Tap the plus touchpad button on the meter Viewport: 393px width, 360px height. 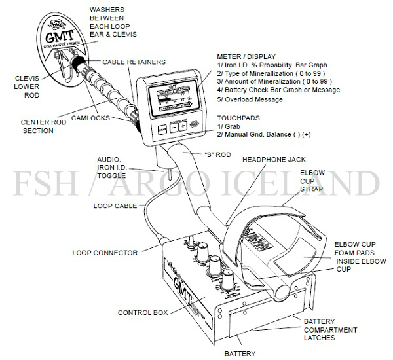183,126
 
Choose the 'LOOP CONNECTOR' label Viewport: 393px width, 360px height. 105,253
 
